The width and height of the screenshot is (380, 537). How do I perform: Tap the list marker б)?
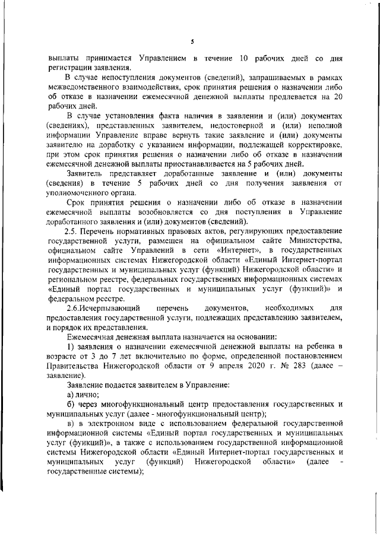[70, 405]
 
